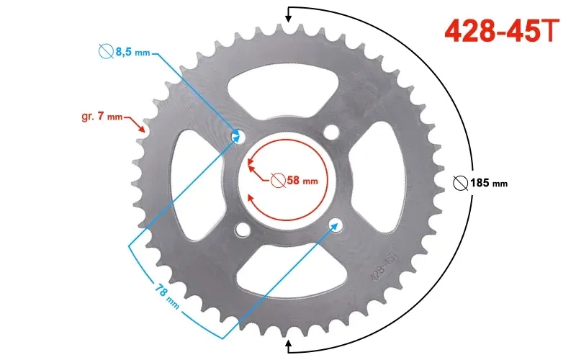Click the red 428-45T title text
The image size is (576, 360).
502,30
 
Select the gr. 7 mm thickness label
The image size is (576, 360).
102,117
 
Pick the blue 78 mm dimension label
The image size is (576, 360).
167,296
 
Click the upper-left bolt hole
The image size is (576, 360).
238,135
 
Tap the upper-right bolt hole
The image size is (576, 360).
331,132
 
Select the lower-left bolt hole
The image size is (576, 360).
243,229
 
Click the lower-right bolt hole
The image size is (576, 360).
336,225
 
